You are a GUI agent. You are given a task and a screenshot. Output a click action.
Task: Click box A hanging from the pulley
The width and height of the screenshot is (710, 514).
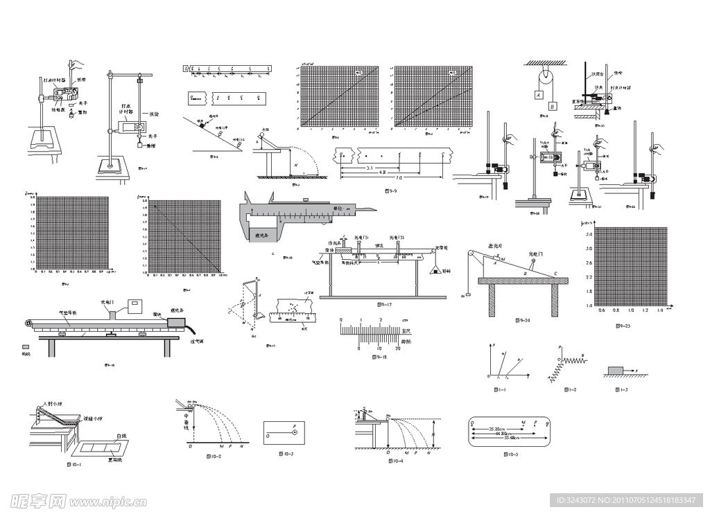pyautogui.click(x=538, y=94)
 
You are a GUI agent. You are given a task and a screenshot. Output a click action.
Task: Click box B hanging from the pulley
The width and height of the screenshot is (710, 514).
pyautogui.click(x=553, y=106)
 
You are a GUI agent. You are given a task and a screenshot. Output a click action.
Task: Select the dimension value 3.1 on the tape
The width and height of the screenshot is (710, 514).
pyautogui.click(x=370, y=168)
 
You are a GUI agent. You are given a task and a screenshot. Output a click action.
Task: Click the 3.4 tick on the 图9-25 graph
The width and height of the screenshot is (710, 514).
pyautogui.click(x=589, y=236)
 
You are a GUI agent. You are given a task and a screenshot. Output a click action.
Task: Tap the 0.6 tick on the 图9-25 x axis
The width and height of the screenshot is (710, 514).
pyautogui.click(x=600, y=310)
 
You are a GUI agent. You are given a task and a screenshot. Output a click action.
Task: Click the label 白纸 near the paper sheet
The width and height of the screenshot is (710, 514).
pyautogui.click(x=121, y=435)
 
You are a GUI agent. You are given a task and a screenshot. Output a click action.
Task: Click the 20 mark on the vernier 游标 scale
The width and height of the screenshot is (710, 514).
pyautogui.click(x=398, y=348)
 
